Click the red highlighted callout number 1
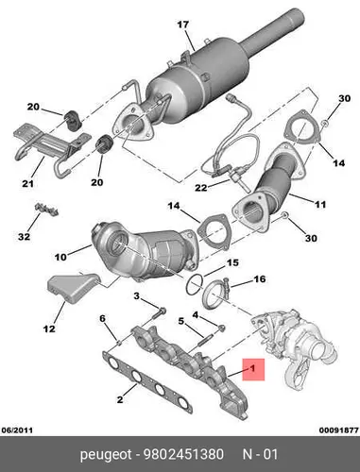pos(252,368)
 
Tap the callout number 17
pos(182,25)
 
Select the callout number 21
pos(27,183)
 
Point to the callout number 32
pos(24,236)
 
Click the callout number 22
pos(201,188)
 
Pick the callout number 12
pos(49,329)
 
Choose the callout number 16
pos(260,278)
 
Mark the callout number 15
pos(232,262)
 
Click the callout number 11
pos(320,205)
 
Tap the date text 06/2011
pos(17,430)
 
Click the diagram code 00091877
pos(339,430)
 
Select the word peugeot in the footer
pos(106,455)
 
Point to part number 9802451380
pos(183,454)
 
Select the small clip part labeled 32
pos(46,209)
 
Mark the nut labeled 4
pos(222,328)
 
